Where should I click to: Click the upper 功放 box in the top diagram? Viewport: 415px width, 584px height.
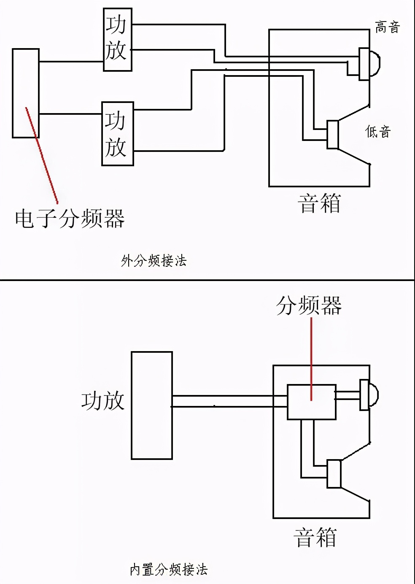[117, 39]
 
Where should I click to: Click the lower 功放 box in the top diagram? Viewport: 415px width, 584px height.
[117, 133]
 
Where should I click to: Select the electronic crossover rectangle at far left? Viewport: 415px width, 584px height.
[25, 93]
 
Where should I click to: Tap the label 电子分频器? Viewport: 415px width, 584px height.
[70, 219]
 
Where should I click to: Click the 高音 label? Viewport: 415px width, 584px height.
[387, 27]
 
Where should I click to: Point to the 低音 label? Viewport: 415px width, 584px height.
[378, 132]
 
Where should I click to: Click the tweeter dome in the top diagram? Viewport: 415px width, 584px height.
[374, 63]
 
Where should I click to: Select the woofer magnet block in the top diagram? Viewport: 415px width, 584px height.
[333, 135]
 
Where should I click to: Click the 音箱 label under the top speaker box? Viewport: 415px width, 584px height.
[319, 203]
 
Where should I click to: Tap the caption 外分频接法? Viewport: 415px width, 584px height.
[154, 261]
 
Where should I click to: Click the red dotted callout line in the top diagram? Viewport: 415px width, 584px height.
[42, 156]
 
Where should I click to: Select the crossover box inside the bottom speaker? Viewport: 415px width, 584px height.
[311, 402]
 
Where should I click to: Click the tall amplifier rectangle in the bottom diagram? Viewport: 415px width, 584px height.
[151, 405]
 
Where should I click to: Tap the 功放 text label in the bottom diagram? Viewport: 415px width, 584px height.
[103, 401]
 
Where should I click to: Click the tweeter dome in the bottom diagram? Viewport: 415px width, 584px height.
[373, 395]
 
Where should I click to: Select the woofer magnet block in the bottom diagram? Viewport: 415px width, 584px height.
[334, 474]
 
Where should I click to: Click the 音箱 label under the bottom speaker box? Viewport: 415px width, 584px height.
[315, 538]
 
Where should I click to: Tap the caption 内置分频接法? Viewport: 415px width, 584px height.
[168, 570]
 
